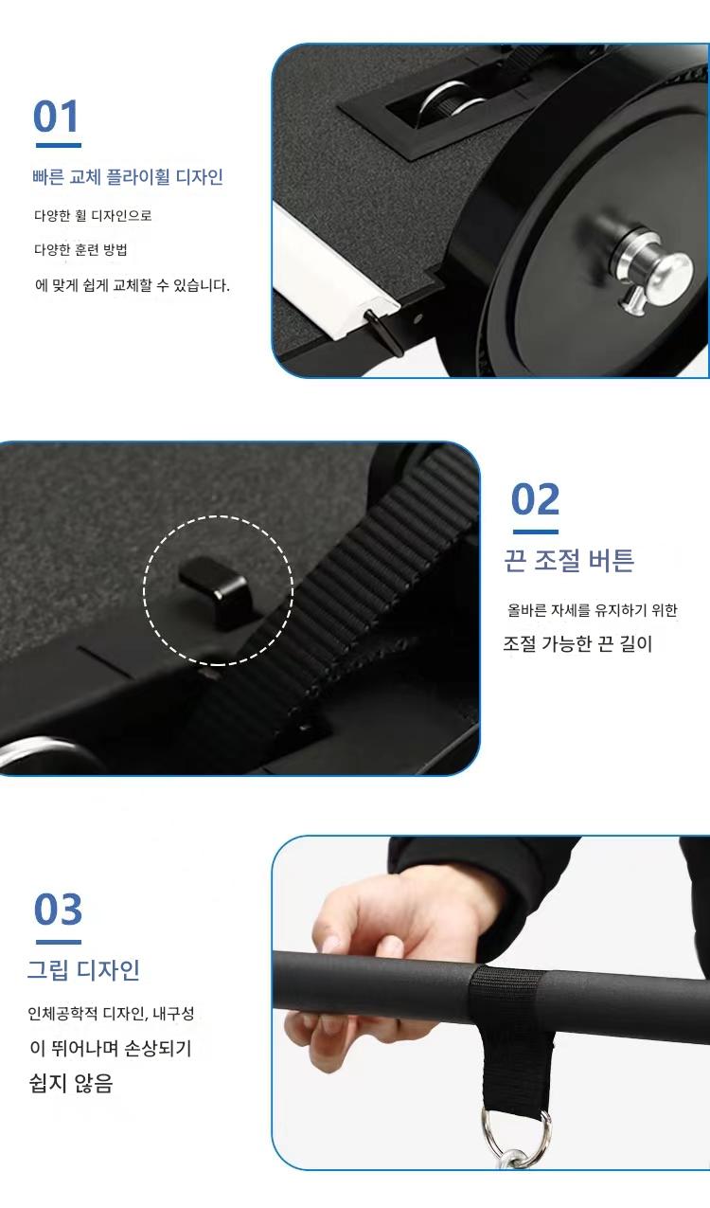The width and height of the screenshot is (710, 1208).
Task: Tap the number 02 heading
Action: tap(536, 499)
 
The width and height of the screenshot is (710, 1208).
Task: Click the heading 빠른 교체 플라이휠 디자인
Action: tap(128, 177)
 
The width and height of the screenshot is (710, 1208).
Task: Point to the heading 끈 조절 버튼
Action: tap(569, 560)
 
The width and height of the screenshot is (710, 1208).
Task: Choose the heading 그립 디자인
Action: tap(83, 969)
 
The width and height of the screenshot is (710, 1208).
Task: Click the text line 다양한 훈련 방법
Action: tap(80, 250)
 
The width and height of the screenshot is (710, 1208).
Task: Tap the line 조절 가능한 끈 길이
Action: tap(577, 643)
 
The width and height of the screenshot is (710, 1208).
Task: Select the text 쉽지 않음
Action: tap(71, 1083)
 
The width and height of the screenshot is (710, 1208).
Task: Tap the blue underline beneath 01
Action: tap(59, 145)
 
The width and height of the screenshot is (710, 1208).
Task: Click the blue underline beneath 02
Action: tap(536, 532)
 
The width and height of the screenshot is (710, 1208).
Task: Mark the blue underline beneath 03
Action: tap(59, 942)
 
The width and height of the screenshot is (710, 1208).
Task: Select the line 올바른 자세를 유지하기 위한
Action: tap(592, 610)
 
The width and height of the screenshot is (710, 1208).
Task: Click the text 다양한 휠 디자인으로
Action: tap(93, 216)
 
